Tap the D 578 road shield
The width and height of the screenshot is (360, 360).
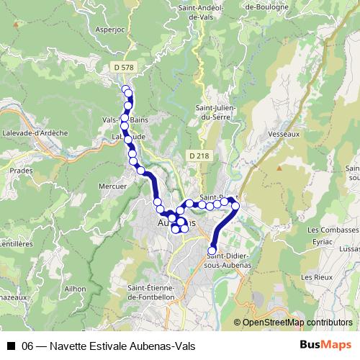click(x=124, y=67)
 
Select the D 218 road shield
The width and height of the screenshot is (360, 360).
click(x=199, y=156)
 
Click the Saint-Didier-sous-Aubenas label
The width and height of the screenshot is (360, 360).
click(x=229, y=261)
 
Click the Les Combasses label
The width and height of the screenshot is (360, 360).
click(x=332, y=230)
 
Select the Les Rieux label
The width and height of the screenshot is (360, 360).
click(x=317, y=276)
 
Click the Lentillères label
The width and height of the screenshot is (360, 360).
click(x=17, y=244)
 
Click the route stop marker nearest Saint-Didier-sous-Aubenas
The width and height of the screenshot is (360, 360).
click(x=212, y=250)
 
